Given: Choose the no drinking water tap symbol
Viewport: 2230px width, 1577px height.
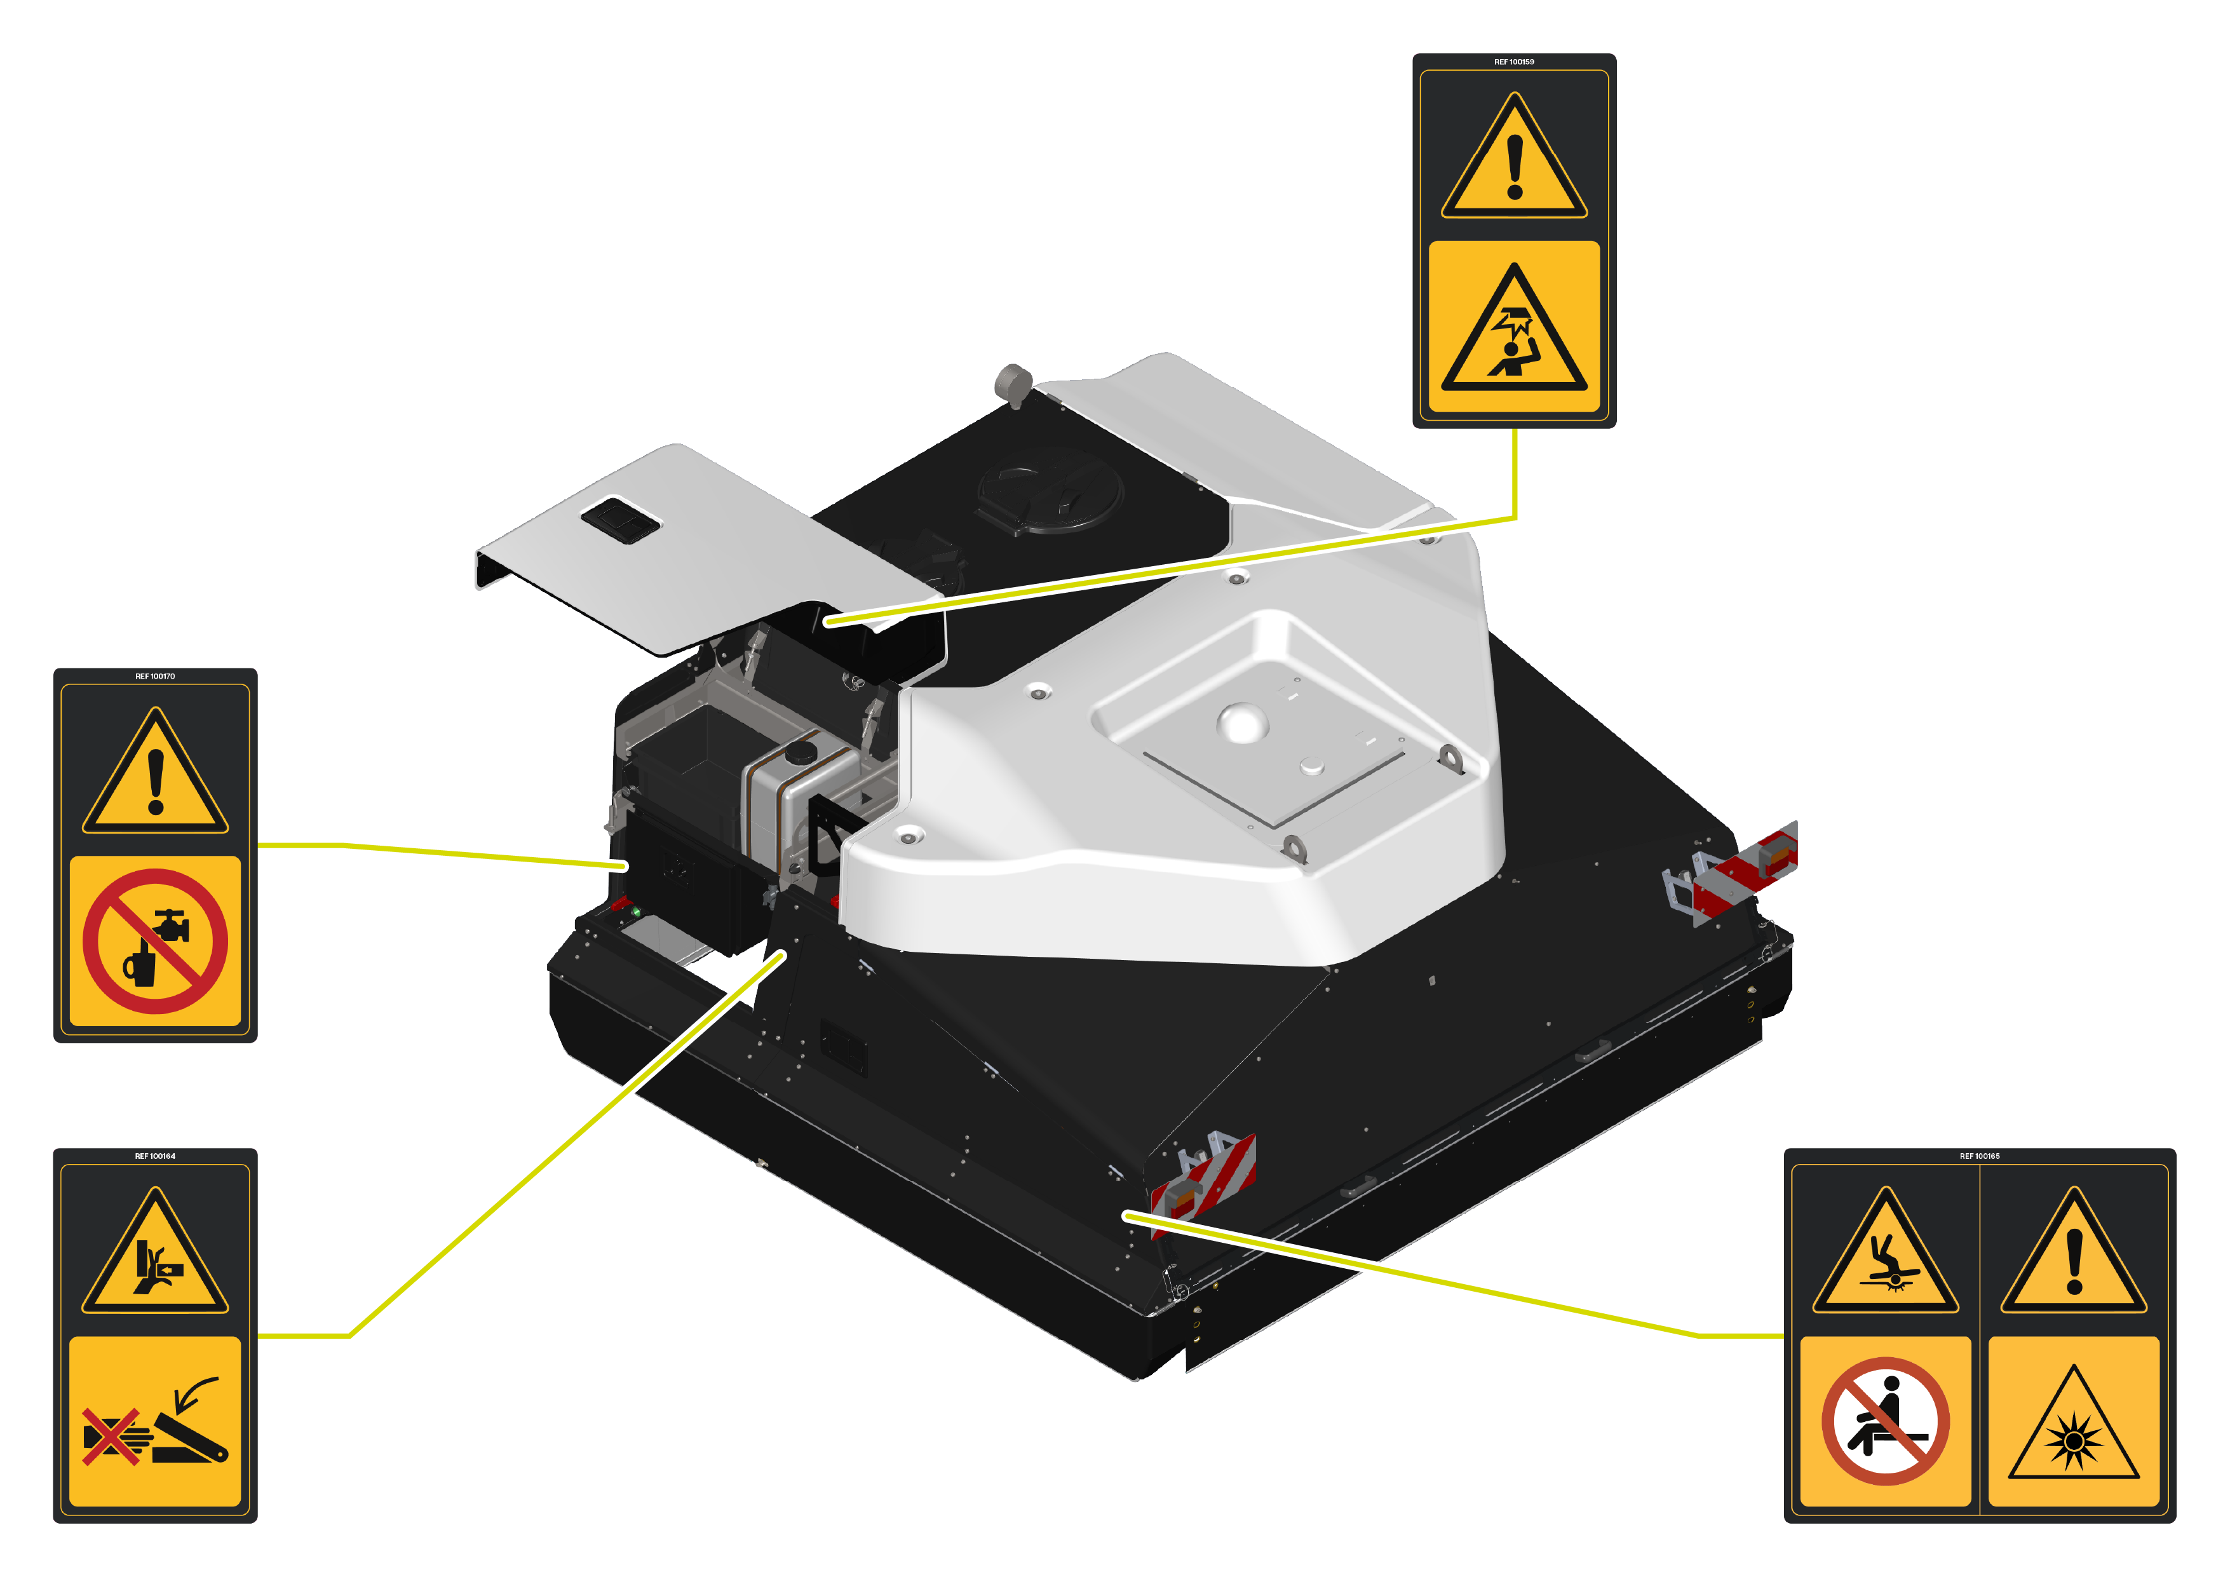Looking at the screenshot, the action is coord(156,941).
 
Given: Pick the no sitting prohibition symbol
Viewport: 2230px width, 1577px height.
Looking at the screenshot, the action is coord(1884,1421).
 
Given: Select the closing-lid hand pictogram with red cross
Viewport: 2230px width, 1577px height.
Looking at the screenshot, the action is coord(156,1421).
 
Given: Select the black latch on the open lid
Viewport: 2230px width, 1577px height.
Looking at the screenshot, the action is coord(619,518).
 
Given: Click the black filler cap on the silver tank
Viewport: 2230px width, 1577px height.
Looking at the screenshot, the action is coord(801,752).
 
